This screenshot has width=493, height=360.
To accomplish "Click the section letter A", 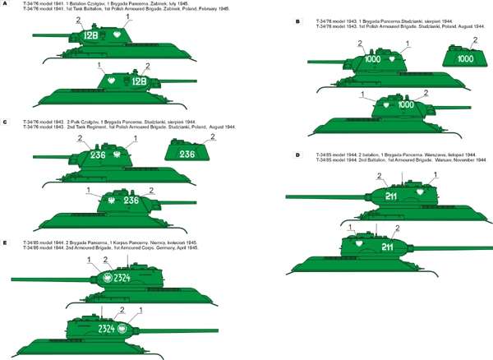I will coord(5,4).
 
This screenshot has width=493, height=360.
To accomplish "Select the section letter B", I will coord(297,22).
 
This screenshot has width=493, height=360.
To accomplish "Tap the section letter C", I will coord(5,122).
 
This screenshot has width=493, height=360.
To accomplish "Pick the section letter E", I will coord(5,243).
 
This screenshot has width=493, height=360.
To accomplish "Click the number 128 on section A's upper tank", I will coord(91,36).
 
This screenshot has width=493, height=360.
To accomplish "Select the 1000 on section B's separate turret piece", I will coord(465,59).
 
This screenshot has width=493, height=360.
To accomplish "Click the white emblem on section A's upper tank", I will coord(117,36).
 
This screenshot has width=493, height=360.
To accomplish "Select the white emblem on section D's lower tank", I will coord(357,244).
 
